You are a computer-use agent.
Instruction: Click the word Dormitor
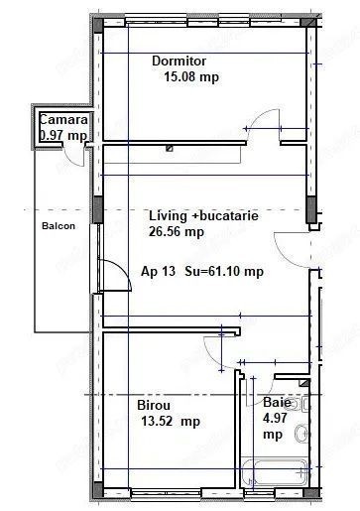pyautogui.click(x=179, y=61)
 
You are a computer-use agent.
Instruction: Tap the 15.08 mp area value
pyautogui.click(x=191, y=77)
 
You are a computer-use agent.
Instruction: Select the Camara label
pyautogui.click(x=63, y=119)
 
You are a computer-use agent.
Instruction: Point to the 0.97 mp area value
pyautogui.click(x=63, y=136)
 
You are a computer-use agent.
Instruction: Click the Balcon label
pyautogui.click(x=59, y=226)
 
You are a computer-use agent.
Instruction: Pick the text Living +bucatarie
pyautogui.click(x=203, y=216)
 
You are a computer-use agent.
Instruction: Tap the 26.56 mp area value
pyautogui.click(x=177, y=231)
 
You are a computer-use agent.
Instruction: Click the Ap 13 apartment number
pyautogui.click(x=158, y=272)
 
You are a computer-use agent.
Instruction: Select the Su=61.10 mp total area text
pyautogui.click(x=224, y=272)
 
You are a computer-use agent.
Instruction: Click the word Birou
pyautogui.click(x=154, y=405)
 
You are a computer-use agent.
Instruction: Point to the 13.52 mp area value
pyautogui.click(x=171, y=422)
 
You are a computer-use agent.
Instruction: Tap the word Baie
pyautogui.click(x=277, y=403)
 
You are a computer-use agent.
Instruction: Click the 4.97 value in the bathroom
pyautogui.click(x=275, y=418)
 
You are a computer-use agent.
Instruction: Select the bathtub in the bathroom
pyautogui.click(x=275, y=472)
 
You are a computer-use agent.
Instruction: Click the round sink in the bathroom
pyautogui.click(x=301, y=434)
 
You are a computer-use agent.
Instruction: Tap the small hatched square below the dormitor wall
pyautogui.click(x=170, y=149)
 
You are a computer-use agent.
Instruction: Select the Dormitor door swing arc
pyautogui.click(x=260, y=115)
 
